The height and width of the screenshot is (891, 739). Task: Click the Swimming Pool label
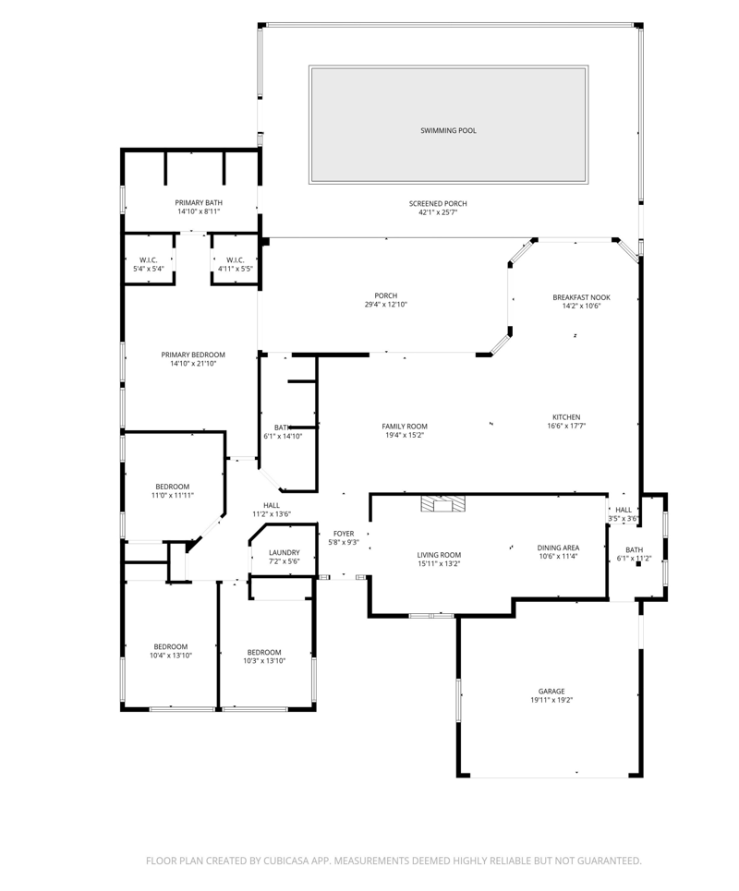pyautogui.click(x=448, y=131)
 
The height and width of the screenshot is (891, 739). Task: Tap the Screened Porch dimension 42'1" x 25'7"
pyautogui.click(x=438, y=212)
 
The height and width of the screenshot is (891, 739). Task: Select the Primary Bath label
pyautogui.click(x=199, y=203)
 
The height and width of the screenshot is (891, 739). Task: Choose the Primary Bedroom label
pyautogui.click(x=193, y=355)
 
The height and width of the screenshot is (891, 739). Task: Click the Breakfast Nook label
pyautogui.click(x=581, y=297)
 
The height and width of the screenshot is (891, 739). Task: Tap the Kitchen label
pyautogui.click(x=566, y=417)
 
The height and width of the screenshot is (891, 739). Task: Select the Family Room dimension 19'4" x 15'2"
pyautogui.click(x=405, y=435)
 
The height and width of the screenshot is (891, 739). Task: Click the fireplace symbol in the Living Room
pyautogui.click(x=442, y=504)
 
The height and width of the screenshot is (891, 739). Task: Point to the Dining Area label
pyautogui.click(x=558, y=548)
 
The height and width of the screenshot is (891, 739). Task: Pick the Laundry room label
pyautogui.click(x=285, y=552)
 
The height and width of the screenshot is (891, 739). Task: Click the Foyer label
pyautogui.click(x=344, y=534)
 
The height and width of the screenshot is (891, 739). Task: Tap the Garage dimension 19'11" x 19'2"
pyautogui.click(x=551, y=700)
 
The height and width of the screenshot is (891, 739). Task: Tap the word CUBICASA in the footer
pyautogui.click(x=285, y=861)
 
